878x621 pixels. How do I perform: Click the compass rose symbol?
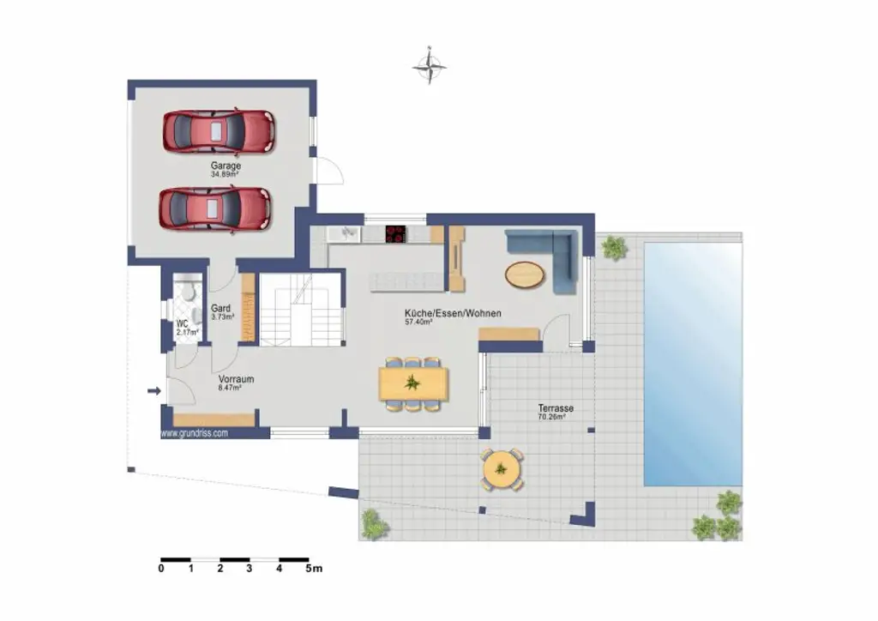(430, 66)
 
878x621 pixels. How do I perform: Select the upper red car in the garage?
(218, 131)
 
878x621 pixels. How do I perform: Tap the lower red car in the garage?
(214, 208)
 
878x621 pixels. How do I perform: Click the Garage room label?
(226, 166)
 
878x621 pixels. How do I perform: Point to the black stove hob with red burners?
(396, 234)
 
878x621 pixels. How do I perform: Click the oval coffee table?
(524, 274)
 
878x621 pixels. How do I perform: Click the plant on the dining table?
(412, 383)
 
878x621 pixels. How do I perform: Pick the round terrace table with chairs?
(501, 470)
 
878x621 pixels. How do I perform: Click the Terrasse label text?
(556, 408)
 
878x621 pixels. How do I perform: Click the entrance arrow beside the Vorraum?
(154, 391)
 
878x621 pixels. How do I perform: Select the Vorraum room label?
(236, 378)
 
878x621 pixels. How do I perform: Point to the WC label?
(182, 323)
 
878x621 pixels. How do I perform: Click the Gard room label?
(221, 308)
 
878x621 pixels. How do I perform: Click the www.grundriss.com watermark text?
(195, 433)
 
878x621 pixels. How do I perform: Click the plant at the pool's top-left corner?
(614, 248)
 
